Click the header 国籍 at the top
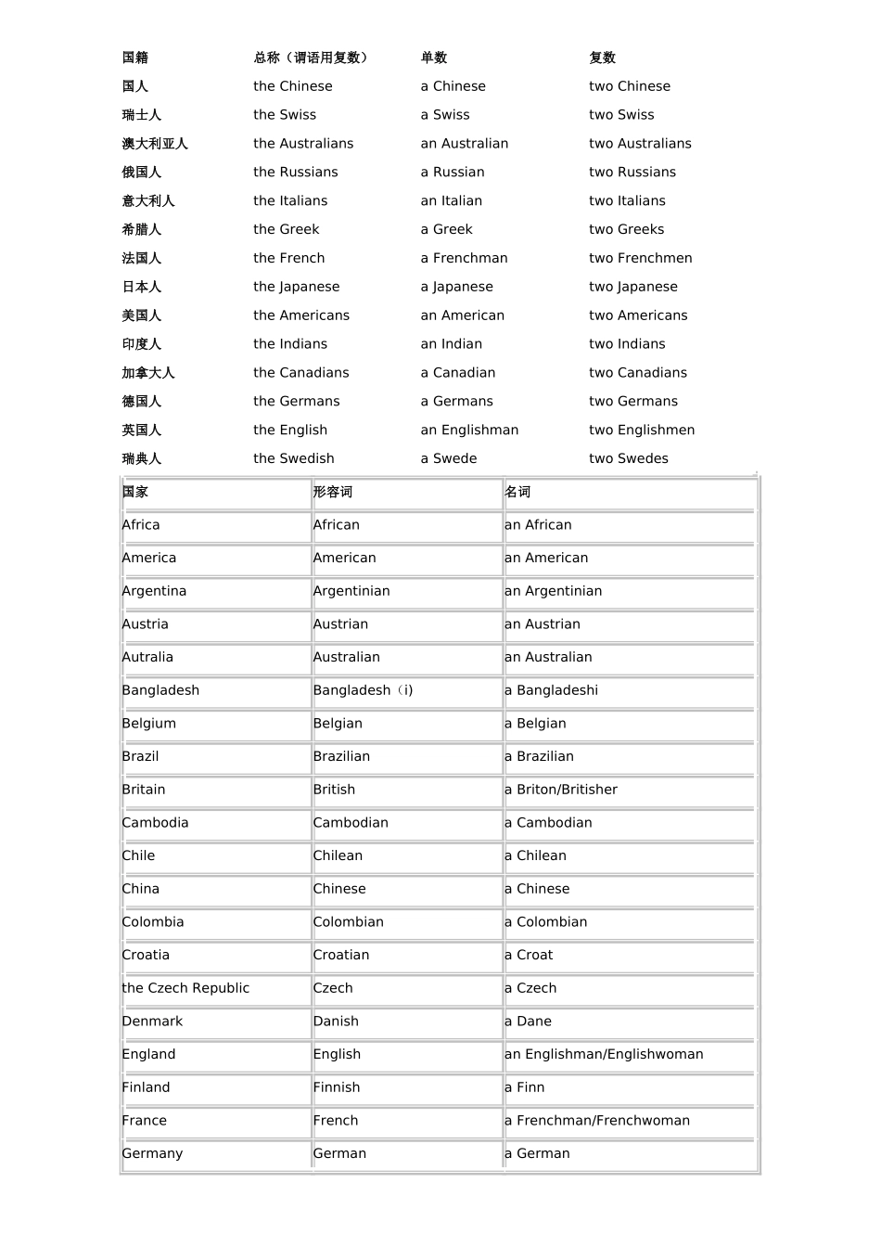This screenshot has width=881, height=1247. pos(135,58)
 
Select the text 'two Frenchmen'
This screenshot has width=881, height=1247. pos(640,258)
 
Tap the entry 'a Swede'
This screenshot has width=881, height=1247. pos(449,458)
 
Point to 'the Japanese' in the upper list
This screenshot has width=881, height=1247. pos(296,287)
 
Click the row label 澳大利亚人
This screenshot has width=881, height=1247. pos(155,144)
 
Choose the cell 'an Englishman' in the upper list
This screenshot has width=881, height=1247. pos(469,430)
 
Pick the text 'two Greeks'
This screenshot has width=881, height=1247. pos(626,229)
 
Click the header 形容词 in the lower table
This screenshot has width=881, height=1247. pos(333,492)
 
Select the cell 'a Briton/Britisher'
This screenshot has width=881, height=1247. pos(561,790)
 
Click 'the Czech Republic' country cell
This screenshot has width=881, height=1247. pos(185,988)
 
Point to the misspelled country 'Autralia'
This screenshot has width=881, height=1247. pos(147,657)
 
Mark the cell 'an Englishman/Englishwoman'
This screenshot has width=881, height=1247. pos(604,1054)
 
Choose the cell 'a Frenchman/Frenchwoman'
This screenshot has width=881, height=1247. pos(597,1121)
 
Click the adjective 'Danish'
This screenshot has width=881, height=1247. pos(336,1022)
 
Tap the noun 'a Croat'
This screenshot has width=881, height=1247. pos(529,955)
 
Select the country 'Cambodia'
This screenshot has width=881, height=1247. pos(155,823)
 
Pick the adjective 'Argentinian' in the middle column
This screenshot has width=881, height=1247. pos(351,591)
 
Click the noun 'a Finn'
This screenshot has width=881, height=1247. pos(525,1087)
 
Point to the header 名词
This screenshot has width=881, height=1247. pos(517,492)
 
